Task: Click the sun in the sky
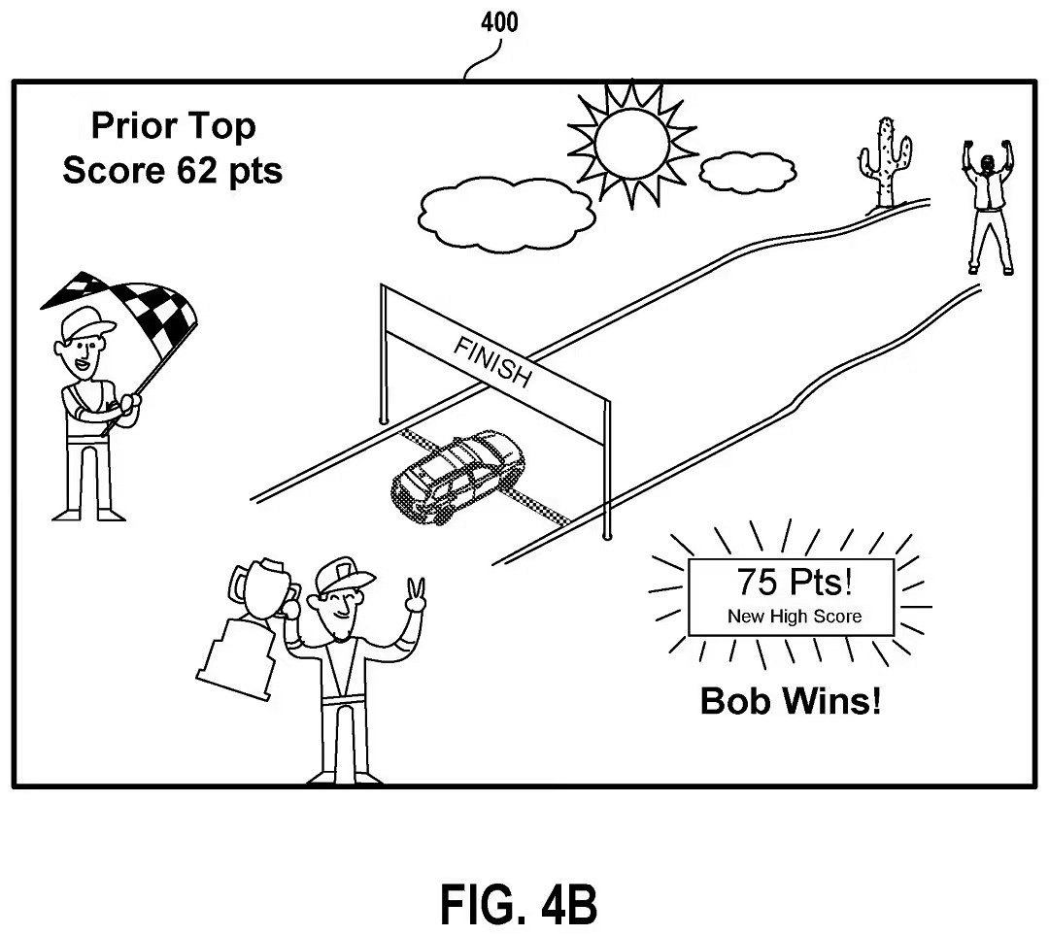(631, 143)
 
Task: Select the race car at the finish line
(458, 476)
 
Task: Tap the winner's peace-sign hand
(416, 595)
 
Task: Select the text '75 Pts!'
(795, 582)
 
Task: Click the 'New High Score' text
(795, 616)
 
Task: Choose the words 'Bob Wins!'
(791, 701)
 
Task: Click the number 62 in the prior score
(196, 170)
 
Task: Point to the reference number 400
(499, 22)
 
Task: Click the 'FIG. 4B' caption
(519, 905)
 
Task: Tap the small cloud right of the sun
(748, 172)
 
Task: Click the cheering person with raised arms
(989, 207)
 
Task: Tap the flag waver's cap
(85, 322)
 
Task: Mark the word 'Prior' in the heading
(134, 125)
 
